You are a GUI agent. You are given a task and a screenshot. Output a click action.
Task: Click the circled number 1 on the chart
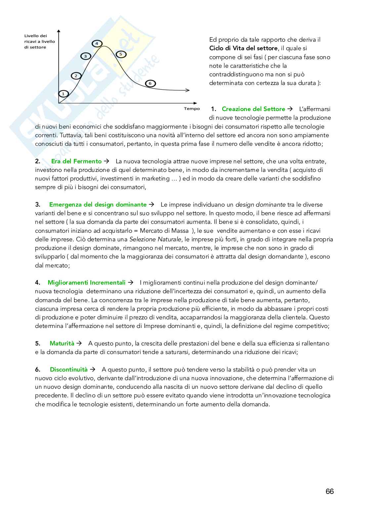pos(63,94)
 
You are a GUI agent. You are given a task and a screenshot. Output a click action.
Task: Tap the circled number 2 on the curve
pos(76,76)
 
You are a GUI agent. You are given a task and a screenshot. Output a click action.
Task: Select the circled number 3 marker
pos(85,56)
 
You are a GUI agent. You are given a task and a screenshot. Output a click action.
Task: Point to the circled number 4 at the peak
pos(97,44)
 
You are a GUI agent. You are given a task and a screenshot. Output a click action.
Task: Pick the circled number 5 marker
pos(121,54)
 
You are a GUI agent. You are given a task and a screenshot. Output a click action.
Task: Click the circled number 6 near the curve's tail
pos(150,83)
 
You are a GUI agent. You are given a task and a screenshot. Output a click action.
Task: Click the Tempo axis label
pos(192,109)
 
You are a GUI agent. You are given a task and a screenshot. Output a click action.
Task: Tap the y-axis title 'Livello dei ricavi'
pos(40,41)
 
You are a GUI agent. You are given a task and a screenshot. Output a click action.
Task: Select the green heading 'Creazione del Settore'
pos(253,109)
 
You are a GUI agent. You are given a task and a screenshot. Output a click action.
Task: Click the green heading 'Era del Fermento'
pos(76,161)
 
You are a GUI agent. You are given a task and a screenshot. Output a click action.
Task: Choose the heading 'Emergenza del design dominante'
pos(98,205)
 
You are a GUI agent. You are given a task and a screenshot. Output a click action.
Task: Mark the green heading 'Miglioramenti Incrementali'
pos(87,283)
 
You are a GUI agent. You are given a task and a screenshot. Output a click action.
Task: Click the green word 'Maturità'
pos(62,343)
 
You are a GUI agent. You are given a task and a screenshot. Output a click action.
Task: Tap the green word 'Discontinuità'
pos(69,370)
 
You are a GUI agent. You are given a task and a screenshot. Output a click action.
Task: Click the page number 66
pos(330,492)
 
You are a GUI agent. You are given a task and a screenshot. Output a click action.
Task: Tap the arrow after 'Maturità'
pos(79,343)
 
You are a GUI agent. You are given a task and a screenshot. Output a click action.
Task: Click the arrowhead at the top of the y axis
pos(59,32)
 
